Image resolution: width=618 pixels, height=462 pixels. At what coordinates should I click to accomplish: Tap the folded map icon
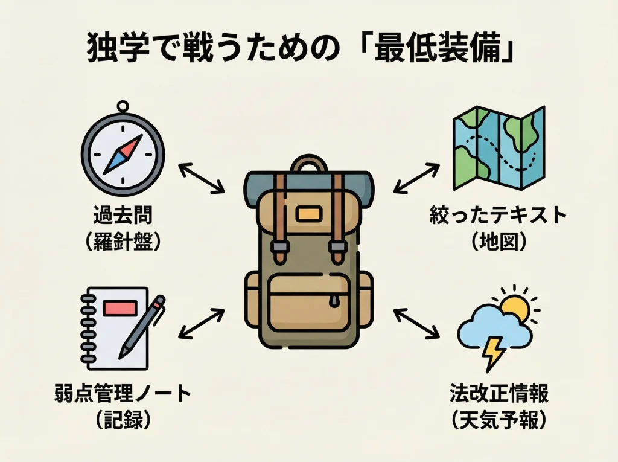point(499,147)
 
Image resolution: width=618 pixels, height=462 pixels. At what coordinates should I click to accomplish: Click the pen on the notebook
point(142,326)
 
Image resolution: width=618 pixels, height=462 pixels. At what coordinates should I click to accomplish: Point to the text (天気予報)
point(499,421)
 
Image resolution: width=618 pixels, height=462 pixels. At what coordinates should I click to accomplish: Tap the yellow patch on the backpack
point(308,213)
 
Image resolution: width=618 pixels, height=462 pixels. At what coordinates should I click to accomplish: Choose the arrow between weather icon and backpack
point(416,322)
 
